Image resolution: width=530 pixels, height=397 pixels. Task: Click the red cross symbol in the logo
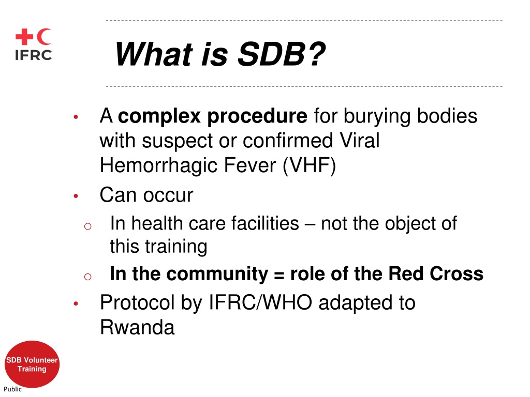24,37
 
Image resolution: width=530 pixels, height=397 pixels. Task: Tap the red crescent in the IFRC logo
43,37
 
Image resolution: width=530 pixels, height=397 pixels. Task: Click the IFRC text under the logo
34,55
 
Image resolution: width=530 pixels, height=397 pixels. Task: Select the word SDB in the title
271,54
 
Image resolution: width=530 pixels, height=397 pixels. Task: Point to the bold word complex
159,116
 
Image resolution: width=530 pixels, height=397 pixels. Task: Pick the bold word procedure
257,116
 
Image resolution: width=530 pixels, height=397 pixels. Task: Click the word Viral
359,140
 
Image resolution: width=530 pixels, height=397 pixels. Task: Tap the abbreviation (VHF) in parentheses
310,165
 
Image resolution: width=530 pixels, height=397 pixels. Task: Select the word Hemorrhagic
159,165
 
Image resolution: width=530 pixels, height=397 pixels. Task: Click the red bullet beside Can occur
76,196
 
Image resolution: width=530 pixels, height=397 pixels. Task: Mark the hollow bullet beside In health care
87,226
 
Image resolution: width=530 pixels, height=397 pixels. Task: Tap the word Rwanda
137,327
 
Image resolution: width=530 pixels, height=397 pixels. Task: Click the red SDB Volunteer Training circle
32,364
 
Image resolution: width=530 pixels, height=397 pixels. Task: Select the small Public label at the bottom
12,389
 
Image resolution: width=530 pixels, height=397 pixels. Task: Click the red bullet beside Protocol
76,303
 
